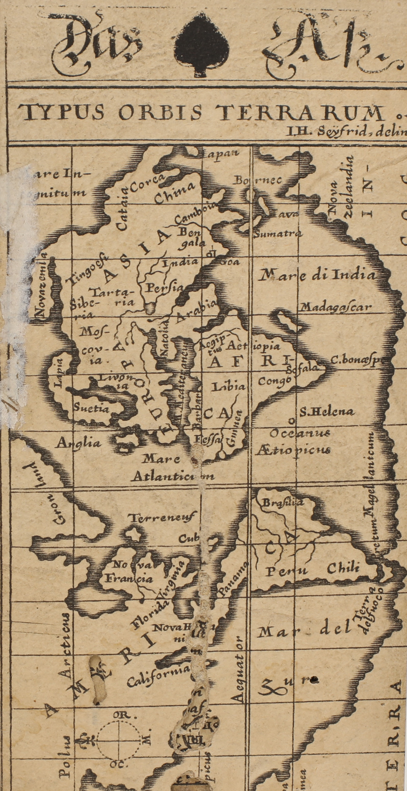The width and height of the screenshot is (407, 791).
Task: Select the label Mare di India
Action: point(317,275)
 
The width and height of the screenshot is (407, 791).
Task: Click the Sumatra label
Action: point(278,234)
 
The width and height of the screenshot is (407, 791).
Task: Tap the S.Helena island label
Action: point(327,412)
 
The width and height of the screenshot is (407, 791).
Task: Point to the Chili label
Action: point(343,568)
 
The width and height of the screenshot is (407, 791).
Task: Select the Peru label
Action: point(286,571)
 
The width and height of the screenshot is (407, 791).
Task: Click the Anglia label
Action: point(79,443)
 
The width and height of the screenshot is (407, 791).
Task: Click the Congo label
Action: point(274,381)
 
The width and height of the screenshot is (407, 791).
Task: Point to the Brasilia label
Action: point(282,502)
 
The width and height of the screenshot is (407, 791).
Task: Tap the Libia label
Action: point(228,387)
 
